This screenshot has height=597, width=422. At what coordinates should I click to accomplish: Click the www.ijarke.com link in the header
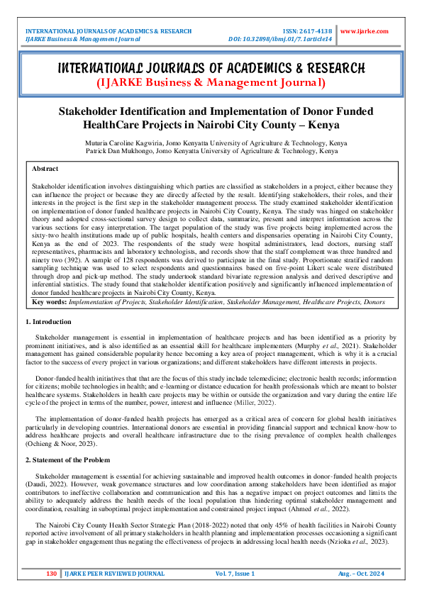[x=365, y=31]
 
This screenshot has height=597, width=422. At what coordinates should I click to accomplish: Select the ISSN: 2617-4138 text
[x=306, y=31]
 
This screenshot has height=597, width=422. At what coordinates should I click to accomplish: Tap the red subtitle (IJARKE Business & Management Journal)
[x=211, y=82]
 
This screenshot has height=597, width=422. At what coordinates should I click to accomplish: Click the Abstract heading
[x=46, y=169]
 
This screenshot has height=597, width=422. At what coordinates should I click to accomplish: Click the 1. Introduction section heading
[x=53, y=322]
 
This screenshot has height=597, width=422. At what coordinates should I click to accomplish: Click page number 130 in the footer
[x=51, y=573]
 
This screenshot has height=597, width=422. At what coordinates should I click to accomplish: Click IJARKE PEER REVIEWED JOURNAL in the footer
[x=115, y=573]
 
